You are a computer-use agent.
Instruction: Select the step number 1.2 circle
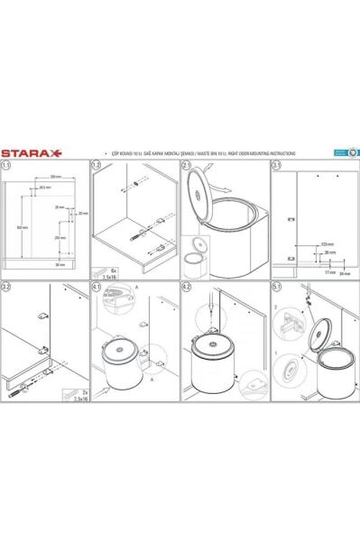tap(96, 166)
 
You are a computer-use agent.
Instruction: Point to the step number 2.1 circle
tap(186, 166)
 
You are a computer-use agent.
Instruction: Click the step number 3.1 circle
tap(277, 166)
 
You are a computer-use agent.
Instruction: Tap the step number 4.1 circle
tap(96, 288)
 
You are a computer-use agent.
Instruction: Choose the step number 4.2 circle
tap(186, 288)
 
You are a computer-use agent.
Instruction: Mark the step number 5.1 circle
tap(277, 288)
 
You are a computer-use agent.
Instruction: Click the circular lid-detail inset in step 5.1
tap(291, 370)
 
